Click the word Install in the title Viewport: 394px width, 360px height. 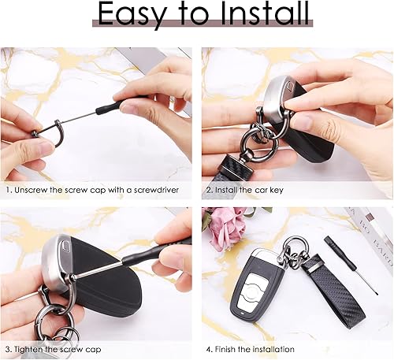tap(265, 13)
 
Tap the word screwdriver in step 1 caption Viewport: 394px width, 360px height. tap(156, 190)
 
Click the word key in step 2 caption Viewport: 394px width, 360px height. tap(277, 190)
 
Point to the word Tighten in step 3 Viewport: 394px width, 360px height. tap(28, 350)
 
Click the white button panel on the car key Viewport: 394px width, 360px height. tap(252, 291)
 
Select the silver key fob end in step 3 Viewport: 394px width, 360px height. tap(57, 262)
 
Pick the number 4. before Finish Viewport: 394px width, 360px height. tap(209, 350)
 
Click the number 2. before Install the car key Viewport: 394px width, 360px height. tap(209, 190)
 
